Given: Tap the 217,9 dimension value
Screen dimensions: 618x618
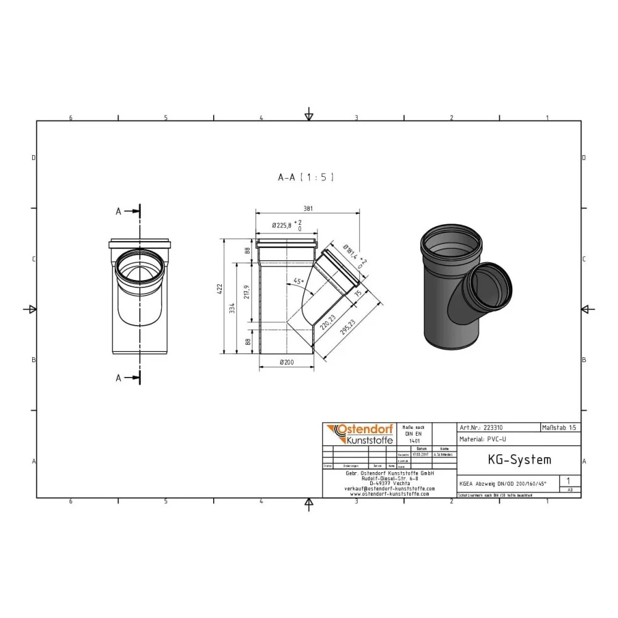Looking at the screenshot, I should [x=248, y=291].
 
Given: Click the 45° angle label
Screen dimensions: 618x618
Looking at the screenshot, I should [x=298, y=282].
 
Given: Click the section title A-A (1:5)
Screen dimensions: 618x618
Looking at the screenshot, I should [x=306, y=177].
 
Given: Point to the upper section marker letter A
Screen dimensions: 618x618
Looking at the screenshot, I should [x=119, y=211].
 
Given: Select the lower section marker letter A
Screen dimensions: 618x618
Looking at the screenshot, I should [x=119, y=378].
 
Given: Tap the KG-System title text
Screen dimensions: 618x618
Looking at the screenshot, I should [x=510, y=460].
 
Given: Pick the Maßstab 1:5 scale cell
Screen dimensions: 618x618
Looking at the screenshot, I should [x=560, y=427].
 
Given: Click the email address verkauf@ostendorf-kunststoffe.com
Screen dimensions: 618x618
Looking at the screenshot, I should [x=389, y=488].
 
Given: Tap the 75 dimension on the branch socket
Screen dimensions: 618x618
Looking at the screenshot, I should [x=358, y=294].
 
